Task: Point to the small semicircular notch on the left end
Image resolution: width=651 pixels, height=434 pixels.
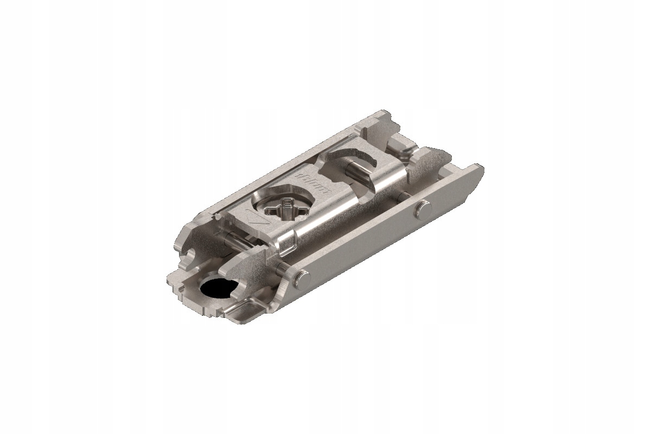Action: pos(190,255)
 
